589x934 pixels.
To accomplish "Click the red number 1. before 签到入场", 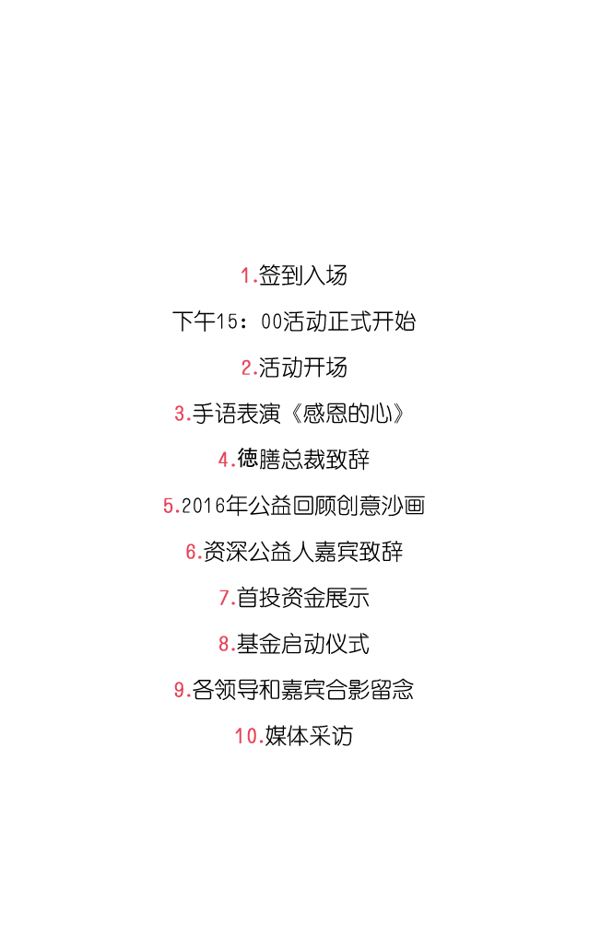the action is point(249,275).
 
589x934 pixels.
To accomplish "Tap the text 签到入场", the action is point(303,275).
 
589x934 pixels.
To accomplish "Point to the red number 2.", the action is point(250,368).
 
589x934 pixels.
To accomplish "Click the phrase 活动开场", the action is point(303,368).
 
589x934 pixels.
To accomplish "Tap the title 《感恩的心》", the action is point(348,414).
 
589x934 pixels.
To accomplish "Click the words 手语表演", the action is point(236,414).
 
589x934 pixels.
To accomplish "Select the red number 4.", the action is point(227,460).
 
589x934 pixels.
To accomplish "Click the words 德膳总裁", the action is point(281,460).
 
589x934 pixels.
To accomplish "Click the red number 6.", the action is point(194,552).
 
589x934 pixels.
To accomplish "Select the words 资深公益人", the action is point(259,552).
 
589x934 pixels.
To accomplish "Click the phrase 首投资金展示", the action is point(303,598).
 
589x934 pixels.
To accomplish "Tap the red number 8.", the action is point(227,644).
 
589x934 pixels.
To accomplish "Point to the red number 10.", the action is point(249,736).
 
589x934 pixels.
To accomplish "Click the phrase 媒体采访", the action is point(309,736).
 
